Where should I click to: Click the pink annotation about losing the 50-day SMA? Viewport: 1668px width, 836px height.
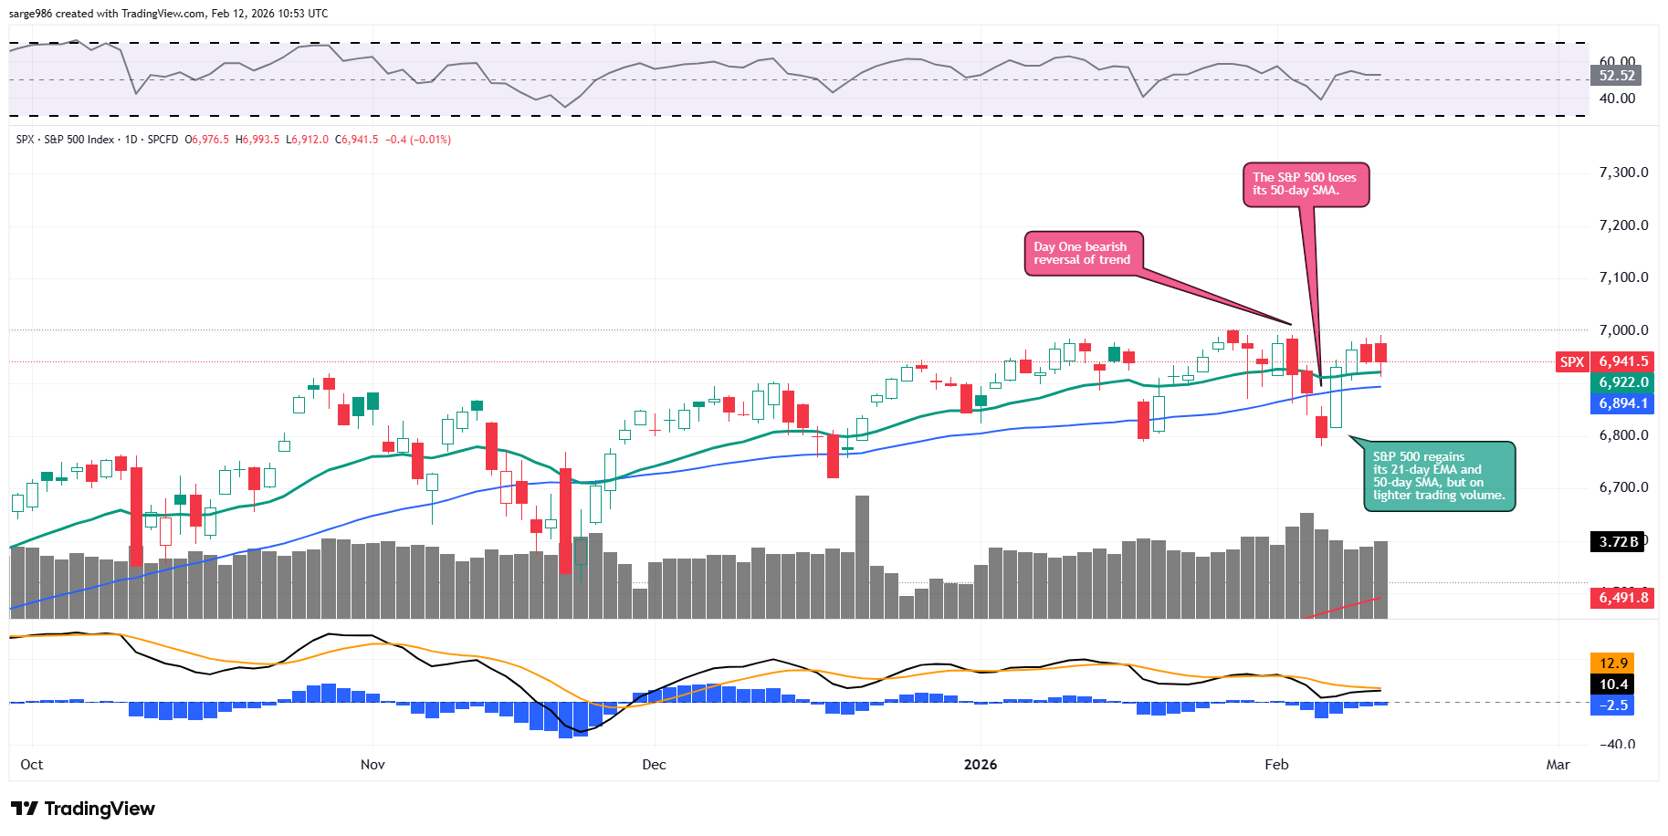1305,184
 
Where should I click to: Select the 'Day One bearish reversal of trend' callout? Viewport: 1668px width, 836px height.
1082,253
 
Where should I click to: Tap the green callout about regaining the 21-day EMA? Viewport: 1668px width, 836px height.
1438,475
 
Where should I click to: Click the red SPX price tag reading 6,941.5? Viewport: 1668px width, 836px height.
1621,361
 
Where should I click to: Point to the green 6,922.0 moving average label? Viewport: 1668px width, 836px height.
1622,382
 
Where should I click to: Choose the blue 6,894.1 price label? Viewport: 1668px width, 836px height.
1622,403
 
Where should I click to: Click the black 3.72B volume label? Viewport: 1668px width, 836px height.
1618,542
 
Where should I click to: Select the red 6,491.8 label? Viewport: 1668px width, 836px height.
1622,598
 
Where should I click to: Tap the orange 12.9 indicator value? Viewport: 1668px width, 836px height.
1612,664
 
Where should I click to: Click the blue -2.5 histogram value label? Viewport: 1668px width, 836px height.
1612,705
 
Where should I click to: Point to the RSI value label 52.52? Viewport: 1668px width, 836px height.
1617,76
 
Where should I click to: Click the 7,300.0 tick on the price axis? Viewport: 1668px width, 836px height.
1623,172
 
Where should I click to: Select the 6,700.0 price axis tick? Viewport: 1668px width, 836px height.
1623,487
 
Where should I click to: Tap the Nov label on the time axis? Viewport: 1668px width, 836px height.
372,765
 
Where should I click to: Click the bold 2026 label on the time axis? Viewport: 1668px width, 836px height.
981,765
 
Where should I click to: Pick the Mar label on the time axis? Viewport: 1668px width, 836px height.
1558,765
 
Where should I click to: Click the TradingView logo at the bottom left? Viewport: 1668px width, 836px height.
83,809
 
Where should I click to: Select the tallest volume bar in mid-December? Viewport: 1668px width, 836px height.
862,557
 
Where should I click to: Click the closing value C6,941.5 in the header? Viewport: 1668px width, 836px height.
356,140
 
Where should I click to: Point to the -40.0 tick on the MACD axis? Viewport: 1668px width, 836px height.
1618,744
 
